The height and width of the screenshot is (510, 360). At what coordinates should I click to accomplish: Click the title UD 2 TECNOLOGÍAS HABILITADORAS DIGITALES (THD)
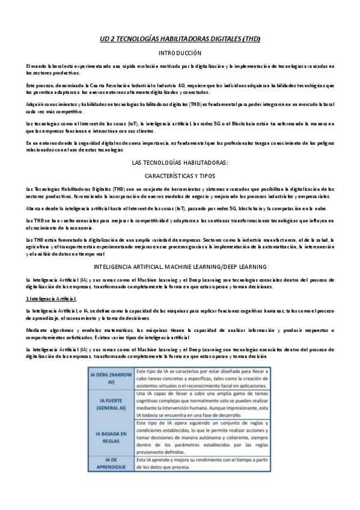pos(180,38)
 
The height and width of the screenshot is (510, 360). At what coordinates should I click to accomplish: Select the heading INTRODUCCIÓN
pos(180,54)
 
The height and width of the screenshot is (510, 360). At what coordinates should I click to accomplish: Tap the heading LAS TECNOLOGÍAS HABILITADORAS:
pos(180,162)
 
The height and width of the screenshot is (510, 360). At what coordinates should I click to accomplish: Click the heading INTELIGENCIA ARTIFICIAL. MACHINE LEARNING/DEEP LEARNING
pos(180,266)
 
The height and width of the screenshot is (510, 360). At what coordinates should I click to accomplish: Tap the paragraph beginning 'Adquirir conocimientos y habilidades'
pos(180,108)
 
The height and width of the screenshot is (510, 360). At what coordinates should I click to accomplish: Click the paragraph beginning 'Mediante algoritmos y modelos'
pos(180,334)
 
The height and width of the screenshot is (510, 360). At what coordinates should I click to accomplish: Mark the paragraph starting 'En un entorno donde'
pos(180,146)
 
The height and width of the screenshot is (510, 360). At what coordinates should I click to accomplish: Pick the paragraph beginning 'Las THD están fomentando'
pos(180,247)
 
